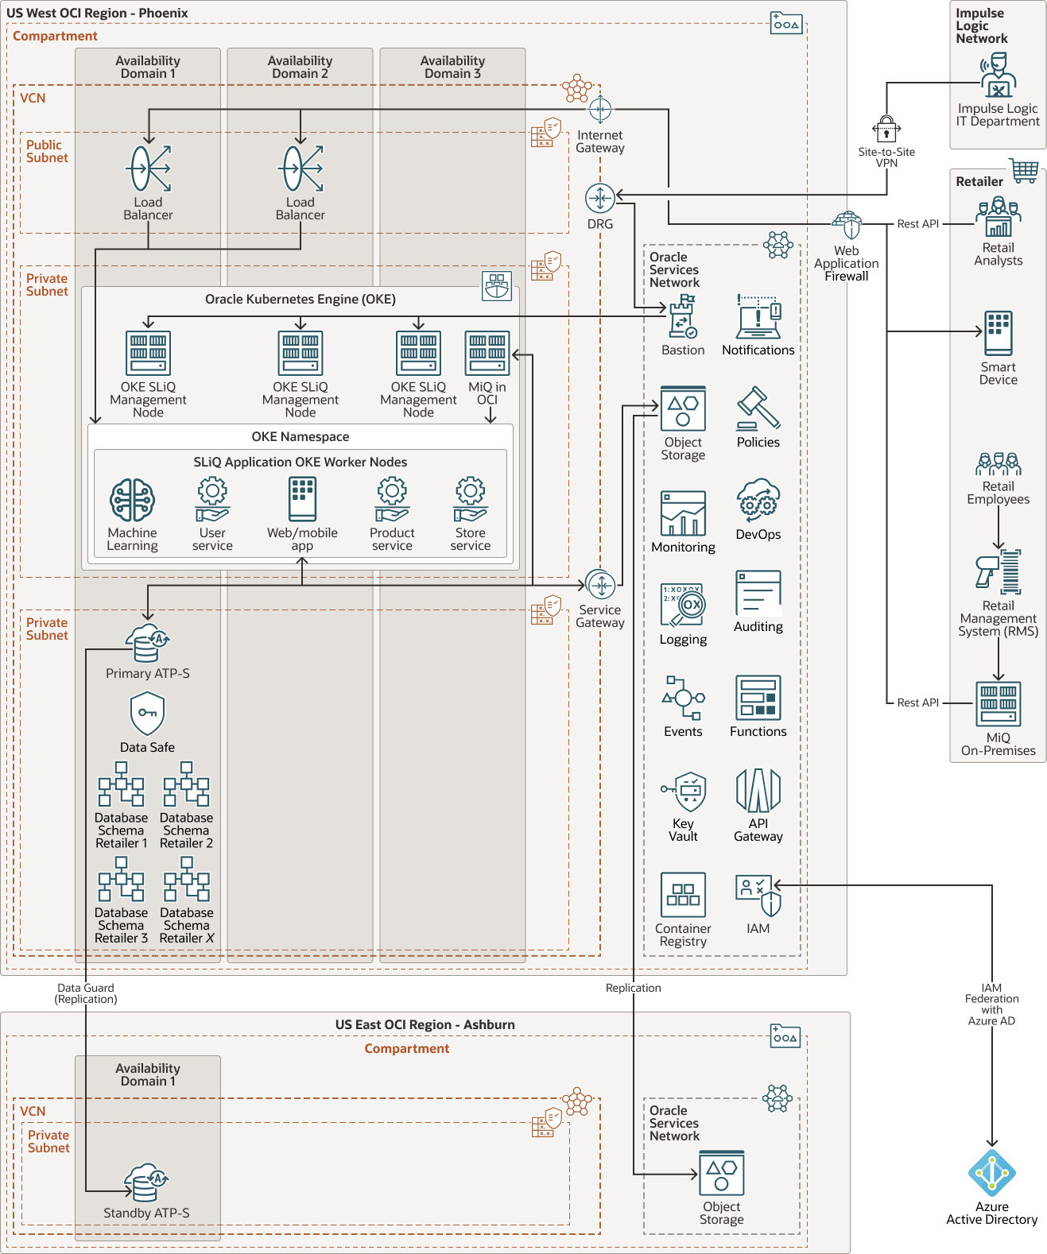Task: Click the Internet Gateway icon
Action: click(x=600, y=109)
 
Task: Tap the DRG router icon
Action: click(x=600, y=198)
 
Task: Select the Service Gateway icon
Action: click(x=600, y=586)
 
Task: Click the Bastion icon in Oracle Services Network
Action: click(x=683, y=316)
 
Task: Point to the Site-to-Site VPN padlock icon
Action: click(x=886, y=129)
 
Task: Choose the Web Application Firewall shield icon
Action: click(x=847, y=226)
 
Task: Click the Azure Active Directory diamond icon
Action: click(x=992, y=1173)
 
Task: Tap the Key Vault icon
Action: click(x=684, y=791)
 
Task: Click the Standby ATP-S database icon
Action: click(x=146, y=1182)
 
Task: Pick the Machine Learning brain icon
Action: click(x=132, y=501)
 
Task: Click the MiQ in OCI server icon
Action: click(x=487, y=353)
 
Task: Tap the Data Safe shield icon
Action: click(x=147, y=713)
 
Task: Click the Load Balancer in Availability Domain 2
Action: click(x=301, y=168)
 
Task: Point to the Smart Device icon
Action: click(x=999, y=333)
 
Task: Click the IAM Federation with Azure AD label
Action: click(x=991, y=1004)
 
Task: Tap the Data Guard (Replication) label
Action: click(x=86, y=993)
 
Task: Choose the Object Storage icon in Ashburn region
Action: click(x=722, y=1173)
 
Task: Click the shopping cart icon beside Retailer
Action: click(x=1025, y=170)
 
